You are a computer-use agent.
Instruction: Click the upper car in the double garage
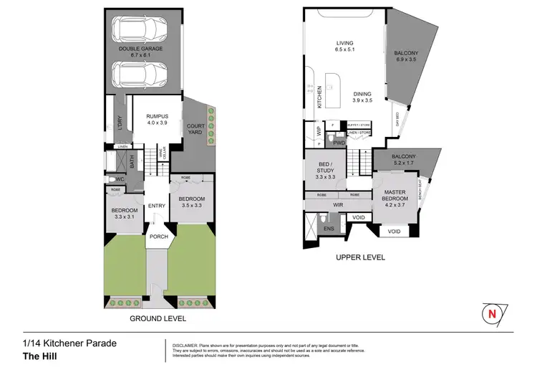tap(144, 31)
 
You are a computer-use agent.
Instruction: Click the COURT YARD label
tap(195, 130)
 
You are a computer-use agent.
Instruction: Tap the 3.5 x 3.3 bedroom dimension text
tap(191, 206)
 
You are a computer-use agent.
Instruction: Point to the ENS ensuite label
tap(328, 229)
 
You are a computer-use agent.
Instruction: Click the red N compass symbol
tap(491, 313)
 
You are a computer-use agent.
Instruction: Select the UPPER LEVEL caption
tap(361, 257)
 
